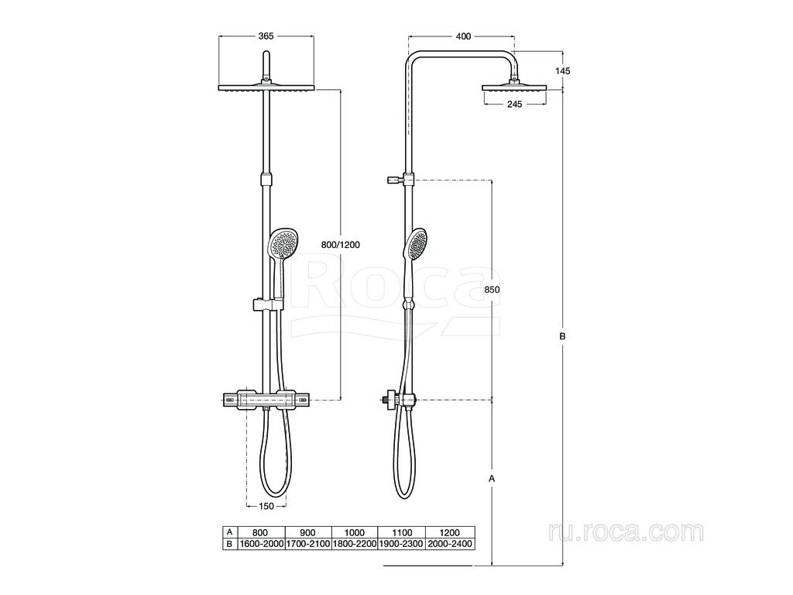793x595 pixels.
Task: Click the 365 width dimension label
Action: click(x=266, y=36)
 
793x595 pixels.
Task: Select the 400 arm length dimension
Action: click(x=463, y=36)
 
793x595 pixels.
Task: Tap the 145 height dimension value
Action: click(x=562, y=71)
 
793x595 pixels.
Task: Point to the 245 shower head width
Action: click(x=514, y=105)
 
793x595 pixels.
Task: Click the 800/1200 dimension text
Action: click(x=341, y=245)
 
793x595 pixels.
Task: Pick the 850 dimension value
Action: click(x=492, y=290)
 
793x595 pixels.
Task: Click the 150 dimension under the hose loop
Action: click(x=266, y=505)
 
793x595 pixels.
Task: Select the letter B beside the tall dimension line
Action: click(x=562, y=335)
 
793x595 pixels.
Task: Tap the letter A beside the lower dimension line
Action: click(x=491, y=477)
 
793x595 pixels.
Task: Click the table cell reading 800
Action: click(x=260, y=532)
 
